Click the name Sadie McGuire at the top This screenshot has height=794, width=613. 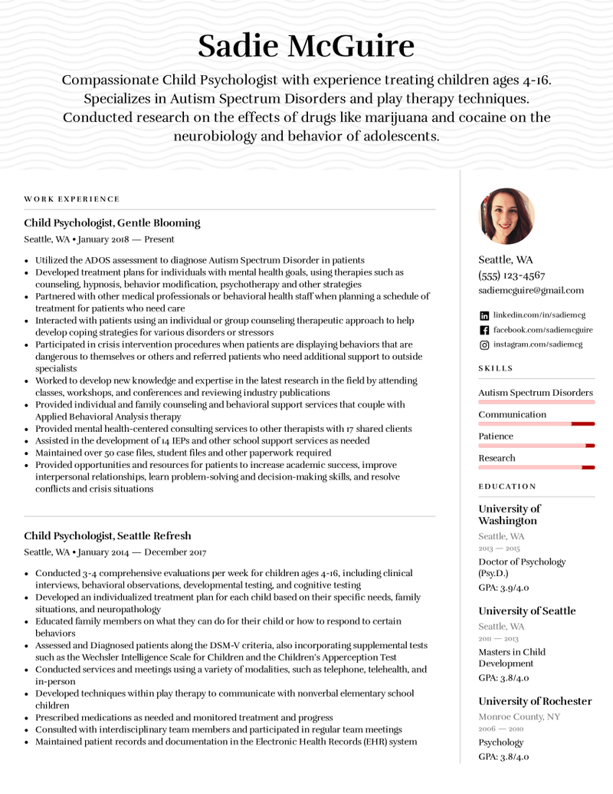point(306,46)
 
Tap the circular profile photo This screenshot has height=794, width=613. point(506,216)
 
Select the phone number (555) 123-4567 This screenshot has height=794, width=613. point(511,275)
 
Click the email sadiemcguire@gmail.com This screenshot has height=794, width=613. point(530,290)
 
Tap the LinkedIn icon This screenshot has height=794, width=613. point(484,315)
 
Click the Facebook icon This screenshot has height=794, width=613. point(484,330)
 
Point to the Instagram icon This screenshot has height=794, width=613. point(484,344)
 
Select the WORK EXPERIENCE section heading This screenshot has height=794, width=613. point(72,199)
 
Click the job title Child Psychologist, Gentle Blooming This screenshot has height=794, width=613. point(112,223)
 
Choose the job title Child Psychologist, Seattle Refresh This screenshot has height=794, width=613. point(107,536)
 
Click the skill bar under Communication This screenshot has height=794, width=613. point(536,423)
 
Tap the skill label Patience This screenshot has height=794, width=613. point(496,437)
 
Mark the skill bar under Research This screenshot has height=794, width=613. point(536,467)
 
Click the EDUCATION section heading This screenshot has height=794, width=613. point(507,486)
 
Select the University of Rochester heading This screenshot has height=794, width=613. point(535,701)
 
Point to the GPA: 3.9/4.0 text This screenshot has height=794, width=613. point(503,588)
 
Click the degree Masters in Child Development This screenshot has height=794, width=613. point(512,657)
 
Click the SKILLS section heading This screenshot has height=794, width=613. point(496,368)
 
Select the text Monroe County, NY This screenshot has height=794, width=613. point(519,717)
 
